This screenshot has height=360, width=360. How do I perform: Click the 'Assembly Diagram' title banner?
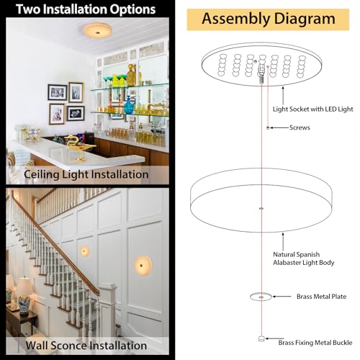[x=268, y=19]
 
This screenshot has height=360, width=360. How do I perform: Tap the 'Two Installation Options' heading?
[x=86, y=9]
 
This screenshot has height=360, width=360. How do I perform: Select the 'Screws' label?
[x=300, y=127]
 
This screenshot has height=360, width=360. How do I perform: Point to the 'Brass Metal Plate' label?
[x=321, y=297]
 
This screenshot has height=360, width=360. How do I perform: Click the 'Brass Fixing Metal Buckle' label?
[x=315, y=343]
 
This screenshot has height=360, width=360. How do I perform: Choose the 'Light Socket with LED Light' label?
[x=312, y=109]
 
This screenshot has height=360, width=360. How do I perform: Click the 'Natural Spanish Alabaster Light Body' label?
[x=303, y=258]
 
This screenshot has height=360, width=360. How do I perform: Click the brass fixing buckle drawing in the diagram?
[x=261, y=338]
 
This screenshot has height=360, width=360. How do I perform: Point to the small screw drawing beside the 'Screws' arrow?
[x=268, y=128]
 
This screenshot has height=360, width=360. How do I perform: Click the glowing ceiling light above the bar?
[x=98, y=30]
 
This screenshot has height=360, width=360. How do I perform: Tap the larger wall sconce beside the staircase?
[x=143, y=265]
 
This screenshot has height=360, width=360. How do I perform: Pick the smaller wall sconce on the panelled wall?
[x=85, y=251]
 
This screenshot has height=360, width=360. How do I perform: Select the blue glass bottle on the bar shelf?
[x=129, y=105]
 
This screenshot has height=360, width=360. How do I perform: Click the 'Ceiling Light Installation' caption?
[x=86, y=174]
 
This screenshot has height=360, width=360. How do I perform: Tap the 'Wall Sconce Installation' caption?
[x=86, y=346]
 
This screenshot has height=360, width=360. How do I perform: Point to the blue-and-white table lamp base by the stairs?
[x=24, y=305]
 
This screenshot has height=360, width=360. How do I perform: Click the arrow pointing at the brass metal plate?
[x=282, y=297]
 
